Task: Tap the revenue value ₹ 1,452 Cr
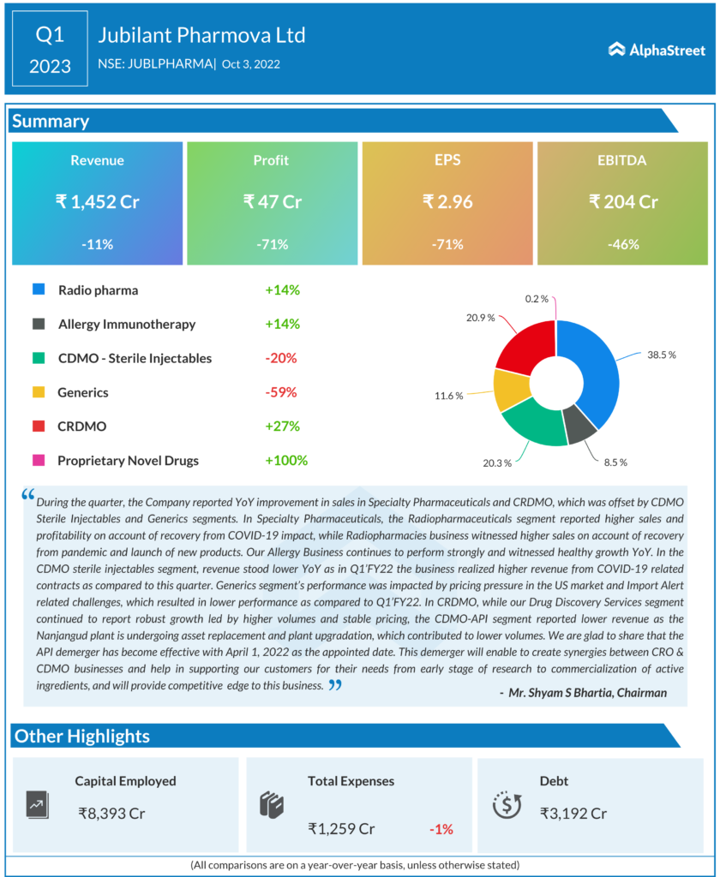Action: coord(97,202)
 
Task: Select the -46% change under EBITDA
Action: coord(623,244)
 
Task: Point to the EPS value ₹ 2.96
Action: coord(447,202)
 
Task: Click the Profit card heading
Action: coord(271,160)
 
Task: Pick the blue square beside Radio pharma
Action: coord(39,289)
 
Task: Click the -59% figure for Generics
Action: coord(281,392)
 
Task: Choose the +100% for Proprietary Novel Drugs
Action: coord(286,460)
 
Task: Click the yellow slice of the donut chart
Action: coord(510,390)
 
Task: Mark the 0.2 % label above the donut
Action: coord(537,299)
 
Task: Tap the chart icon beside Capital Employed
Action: coord(38,805)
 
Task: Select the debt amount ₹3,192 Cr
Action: coord(573,813)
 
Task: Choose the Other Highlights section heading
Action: coord(82,736)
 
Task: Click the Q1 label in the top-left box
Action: coord(50,35)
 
